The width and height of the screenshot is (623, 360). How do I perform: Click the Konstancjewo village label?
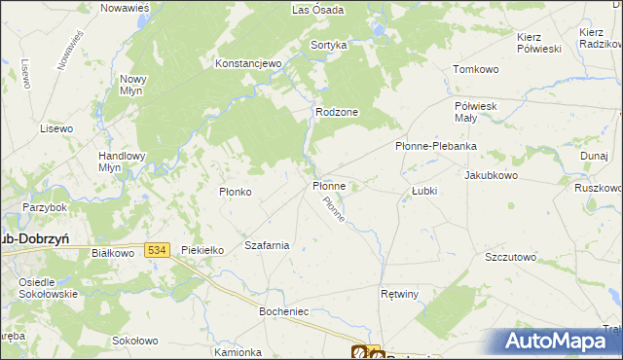tap(248, 63)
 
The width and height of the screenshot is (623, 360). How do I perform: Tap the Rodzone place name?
tap(337, 112)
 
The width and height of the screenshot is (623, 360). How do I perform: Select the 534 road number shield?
tap(158, 250)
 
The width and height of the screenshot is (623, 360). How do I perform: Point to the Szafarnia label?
tap(267, 245)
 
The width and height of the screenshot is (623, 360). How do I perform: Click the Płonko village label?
tap(236, 192)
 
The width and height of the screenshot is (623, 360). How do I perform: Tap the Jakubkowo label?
tap(492, 176)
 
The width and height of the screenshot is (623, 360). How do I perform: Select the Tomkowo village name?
tap(476, 70)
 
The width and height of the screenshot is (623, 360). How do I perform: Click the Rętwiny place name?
tap(399, 293)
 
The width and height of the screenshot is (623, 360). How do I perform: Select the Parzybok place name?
tap(45, 207)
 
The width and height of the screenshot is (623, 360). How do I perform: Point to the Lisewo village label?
tap(56, 128)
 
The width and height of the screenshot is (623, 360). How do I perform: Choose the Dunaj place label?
tap(594, 155)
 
